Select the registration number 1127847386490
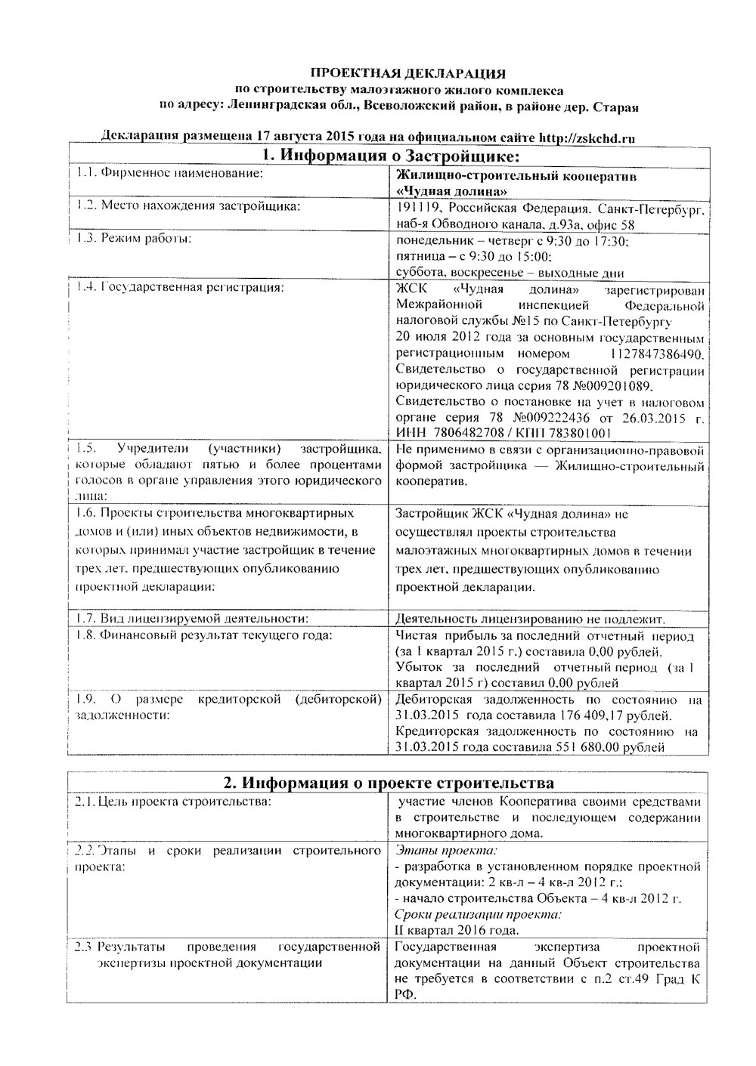(x=655, y=354)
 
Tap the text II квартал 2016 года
(x=457, y=930)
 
